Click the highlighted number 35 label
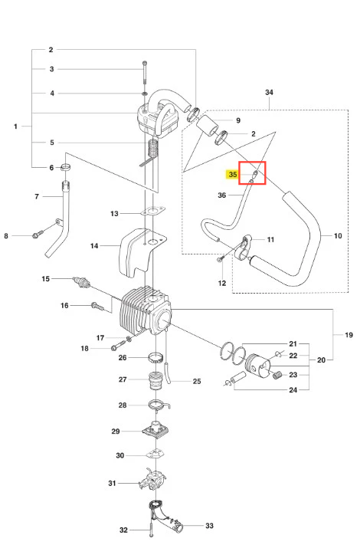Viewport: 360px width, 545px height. click(233, 175)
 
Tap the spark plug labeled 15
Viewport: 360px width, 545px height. click(82, 282)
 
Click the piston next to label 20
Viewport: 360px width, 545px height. click(257, 366)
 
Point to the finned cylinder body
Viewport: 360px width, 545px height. click(146, 311)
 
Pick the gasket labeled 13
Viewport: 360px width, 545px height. click(152, 211)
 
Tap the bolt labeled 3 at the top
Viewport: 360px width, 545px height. click(145, 72)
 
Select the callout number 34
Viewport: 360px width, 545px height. click(269, 93)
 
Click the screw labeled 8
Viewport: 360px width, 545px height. click(38, 235)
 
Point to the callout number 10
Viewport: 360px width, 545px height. click(338, 236)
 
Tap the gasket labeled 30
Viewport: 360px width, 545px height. click(155, 453)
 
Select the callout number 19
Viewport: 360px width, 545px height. click(349, 335)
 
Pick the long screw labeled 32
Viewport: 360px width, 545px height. click(152, 523)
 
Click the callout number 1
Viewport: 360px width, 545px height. click(15, 126)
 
